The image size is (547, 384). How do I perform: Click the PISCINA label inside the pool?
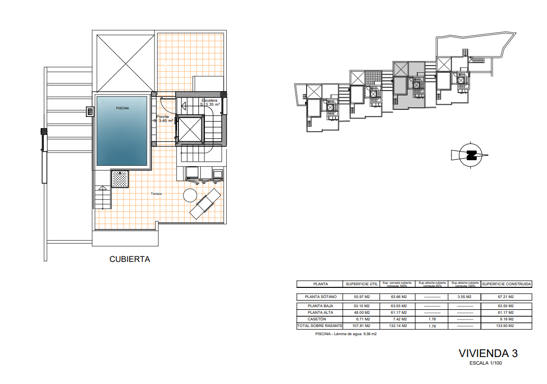(x=122, y=108)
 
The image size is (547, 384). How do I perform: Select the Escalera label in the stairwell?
(x=209, y=100)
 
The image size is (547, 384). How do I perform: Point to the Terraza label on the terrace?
(x=156, y=194)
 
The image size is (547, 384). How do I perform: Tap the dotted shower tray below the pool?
(x=120, y=179)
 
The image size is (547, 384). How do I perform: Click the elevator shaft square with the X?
(x=189, y=130)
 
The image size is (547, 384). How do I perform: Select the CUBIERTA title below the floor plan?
(x=130, y=259)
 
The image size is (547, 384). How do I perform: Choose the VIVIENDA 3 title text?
(x=488, y=353)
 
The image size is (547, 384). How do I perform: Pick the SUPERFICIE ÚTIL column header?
(x=361, y=284)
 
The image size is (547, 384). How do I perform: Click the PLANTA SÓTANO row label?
(x=320, y=297)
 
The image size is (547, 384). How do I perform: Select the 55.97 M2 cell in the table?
(x=361, y=297)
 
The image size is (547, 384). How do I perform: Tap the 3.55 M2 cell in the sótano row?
(x=465, y=297)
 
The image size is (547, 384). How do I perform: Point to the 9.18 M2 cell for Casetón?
(x=506, y=319)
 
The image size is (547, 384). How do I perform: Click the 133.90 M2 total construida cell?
(x=506, y=326)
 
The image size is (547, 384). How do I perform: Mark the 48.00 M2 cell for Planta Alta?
(x=361, y=312)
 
